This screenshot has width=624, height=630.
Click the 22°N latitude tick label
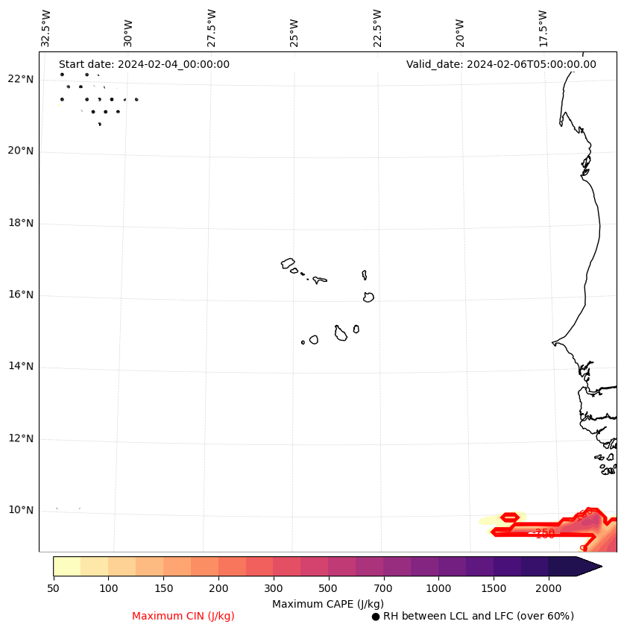[20, 80]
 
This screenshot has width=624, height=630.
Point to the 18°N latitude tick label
[20, 223]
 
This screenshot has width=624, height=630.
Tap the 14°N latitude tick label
[20, 367]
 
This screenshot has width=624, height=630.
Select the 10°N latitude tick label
[20, 511]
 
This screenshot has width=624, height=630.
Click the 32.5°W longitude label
[46, 28]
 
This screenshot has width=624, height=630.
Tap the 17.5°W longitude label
[543, 28]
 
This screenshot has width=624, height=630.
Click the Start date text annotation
[144, 65]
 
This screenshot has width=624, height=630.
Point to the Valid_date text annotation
[501, 65]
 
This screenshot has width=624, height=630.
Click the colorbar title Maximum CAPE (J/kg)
[327, 604]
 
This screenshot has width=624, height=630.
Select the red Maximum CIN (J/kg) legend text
[183, 617]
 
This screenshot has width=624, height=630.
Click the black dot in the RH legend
[376, 617]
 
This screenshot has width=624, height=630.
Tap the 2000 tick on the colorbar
[549, 589]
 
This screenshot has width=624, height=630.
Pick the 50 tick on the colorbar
[53, 589]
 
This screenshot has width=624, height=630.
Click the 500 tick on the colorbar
[328, 589]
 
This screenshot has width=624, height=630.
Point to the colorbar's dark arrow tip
[599, 566]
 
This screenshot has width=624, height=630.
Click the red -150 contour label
[544, 534]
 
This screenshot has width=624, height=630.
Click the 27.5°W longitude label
[212, 28]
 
